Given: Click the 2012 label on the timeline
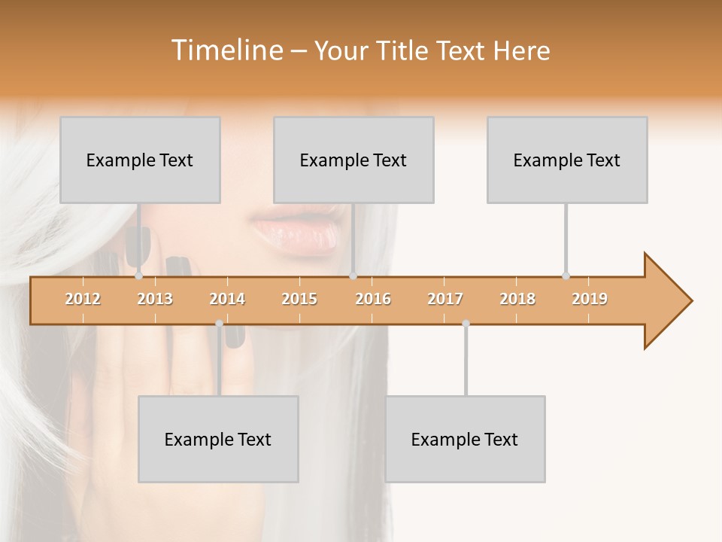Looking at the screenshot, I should [83, 299].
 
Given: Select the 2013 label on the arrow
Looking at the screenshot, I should [155, 299].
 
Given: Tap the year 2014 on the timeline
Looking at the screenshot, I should [227, 299].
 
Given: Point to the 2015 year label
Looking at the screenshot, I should [299, 299].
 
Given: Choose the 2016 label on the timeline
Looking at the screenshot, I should [373, 299].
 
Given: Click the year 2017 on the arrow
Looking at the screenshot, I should [445, 299].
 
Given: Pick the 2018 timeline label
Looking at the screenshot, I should [517, 299].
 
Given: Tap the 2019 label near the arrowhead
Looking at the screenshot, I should [590, 299].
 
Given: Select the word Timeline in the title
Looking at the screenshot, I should [226, 50].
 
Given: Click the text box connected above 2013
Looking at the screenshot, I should [140, 160].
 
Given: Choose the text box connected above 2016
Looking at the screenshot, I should [353, 160].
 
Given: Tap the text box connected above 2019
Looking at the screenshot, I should [567, 160].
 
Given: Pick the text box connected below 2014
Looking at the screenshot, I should [218, 439].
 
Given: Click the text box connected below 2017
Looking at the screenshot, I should [465, 439].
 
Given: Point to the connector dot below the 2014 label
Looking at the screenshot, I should [219, 324].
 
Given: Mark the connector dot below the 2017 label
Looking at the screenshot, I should [466, 324].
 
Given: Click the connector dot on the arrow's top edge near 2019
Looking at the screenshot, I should [566, 276].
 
